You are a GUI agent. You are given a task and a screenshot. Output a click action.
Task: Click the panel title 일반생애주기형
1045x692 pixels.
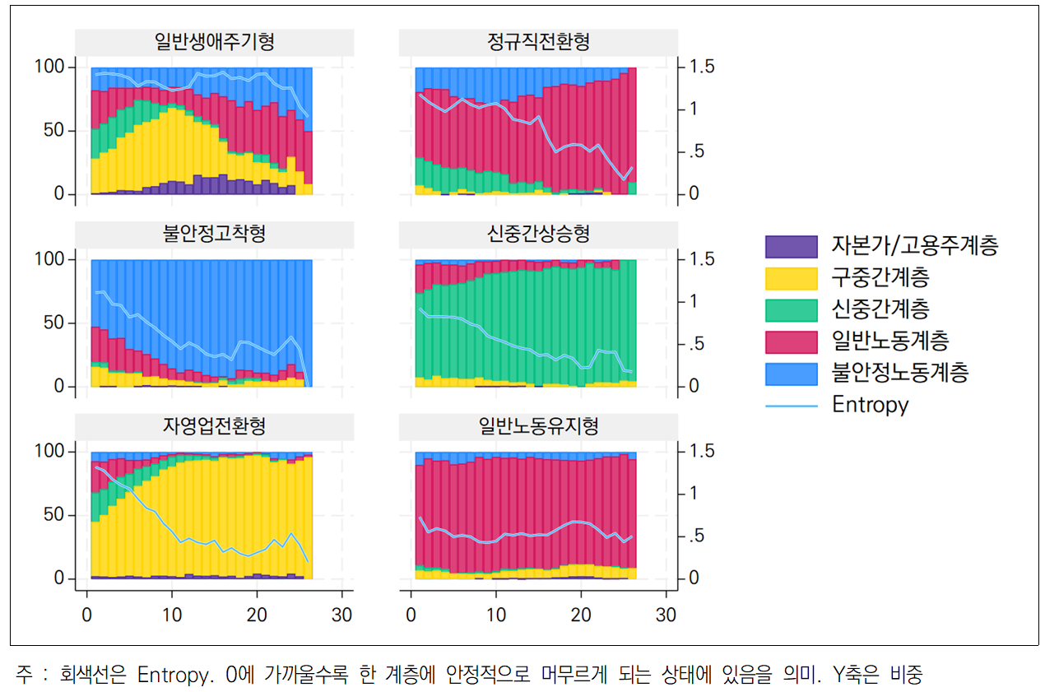pos(214,43)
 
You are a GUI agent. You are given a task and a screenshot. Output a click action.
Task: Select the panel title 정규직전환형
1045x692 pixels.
pos(538,43)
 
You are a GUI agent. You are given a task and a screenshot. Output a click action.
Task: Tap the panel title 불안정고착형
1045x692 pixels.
pos(214,235)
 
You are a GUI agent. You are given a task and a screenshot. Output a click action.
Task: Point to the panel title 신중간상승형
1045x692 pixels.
pos(538,235)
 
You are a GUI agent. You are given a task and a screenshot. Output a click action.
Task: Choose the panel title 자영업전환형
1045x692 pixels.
pos(214,426)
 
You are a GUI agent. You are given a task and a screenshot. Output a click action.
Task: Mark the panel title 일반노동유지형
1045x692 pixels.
pos(538,426)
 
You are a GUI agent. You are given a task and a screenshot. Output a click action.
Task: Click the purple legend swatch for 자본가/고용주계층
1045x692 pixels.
pos(791,246)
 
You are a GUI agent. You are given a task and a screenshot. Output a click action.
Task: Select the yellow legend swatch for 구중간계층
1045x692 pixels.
pos(791,278)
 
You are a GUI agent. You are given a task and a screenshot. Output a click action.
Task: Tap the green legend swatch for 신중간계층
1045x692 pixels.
pos(791,310)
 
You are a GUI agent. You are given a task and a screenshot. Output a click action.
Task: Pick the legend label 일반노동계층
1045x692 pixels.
pos(890,341)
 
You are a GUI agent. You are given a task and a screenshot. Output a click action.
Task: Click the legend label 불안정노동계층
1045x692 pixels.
pos(900,373)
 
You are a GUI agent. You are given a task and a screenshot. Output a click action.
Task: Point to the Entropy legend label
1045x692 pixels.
pos(870,405)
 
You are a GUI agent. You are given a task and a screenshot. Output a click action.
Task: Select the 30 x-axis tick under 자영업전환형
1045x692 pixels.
pos(341,615)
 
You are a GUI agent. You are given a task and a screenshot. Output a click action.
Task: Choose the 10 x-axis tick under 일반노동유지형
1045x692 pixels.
pos(495,615)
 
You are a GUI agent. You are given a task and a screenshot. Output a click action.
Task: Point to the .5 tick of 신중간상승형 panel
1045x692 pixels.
pos(695,344)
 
